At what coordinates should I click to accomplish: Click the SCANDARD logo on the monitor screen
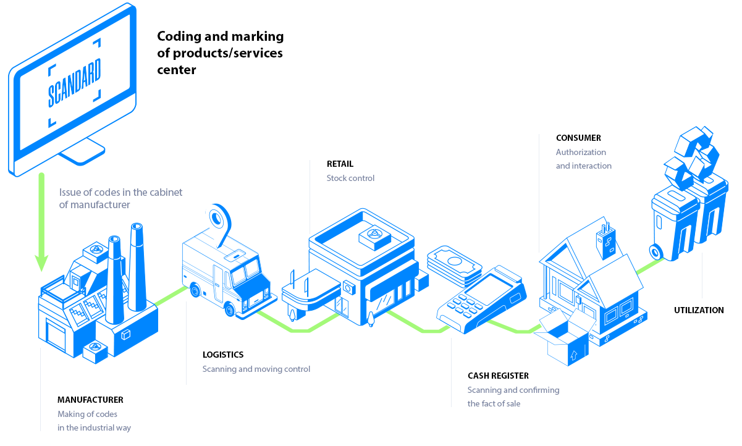point(74,83)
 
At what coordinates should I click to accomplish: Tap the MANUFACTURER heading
point(90,400)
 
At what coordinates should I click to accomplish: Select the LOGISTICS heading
point(223,355)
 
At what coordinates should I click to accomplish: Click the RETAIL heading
point(340,164)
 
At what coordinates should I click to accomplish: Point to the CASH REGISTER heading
point(498,376)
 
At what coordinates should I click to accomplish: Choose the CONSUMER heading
point(578,138)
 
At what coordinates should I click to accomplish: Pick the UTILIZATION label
point(699,310)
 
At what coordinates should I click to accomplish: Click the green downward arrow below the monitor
point(41,222)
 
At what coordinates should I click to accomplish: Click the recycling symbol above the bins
point(692,159)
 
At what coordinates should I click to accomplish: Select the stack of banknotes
point(455,266)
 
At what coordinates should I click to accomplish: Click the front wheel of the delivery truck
point(230,309)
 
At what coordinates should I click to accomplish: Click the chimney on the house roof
point(606,242)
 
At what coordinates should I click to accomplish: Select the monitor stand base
point(82,153)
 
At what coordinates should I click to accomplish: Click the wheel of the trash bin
point(656,252)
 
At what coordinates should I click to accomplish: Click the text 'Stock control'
point(350,178)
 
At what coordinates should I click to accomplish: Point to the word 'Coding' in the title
point(179,36)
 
